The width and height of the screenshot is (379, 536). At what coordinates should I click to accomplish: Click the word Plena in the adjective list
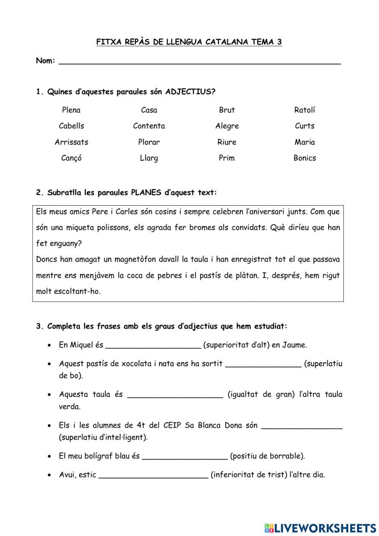tap(71, 110)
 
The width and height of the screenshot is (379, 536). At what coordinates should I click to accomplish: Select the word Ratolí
tap(304, 110)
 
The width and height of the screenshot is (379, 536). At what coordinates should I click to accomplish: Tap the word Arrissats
tap(71, 142)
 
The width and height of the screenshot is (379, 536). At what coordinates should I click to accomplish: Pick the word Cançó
tap(71, 158)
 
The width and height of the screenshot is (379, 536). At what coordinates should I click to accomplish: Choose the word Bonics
tap(304, 158)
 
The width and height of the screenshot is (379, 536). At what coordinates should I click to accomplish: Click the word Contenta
tap(149, 126)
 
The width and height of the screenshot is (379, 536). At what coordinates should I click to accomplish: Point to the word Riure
tap(227, 142)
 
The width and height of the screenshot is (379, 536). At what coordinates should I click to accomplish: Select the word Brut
tap(227, 110)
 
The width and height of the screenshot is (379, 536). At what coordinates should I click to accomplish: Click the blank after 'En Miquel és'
tap(153, 346)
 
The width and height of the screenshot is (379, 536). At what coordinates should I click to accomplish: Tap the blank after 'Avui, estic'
tap(153, 475)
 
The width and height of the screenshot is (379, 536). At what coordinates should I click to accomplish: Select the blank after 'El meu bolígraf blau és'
tap(185, 457)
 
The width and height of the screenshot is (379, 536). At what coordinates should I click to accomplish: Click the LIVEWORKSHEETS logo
tap(320, 528)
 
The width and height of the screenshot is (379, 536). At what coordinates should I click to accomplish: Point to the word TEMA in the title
tap(262, 42)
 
